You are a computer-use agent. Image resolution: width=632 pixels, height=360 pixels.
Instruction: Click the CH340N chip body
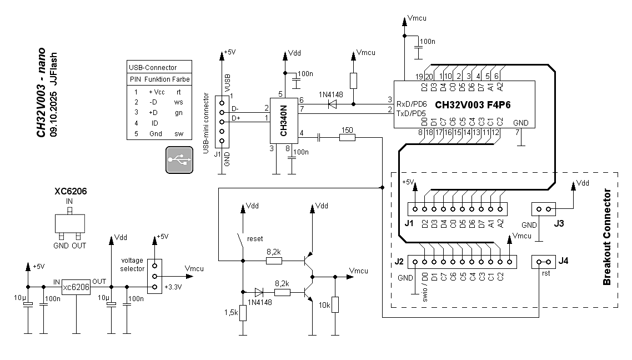284,121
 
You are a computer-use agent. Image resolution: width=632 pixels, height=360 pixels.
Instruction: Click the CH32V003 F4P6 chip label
473,105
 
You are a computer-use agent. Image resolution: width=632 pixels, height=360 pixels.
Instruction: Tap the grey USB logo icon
179,160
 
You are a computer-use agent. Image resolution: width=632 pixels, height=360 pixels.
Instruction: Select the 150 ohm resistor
347,137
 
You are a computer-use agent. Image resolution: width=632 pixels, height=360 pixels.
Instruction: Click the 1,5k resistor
243,313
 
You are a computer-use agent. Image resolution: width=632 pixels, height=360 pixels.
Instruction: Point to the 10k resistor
335,305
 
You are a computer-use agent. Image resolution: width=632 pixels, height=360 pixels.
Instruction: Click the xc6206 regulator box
76,287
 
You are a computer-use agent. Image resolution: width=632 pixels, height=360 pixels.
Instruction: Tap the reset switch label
255,239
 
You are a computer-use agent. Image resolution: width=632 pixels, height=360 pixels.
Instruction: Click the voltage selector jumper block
154,276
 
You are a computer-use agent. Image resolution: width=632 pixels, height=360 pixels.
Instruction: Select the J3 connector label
559,223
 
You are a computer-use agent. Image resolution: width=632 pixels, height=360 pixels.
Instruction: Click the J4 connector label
563,261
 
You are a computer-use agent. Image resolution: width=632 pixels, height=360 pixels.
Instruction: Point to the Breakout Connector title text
606,237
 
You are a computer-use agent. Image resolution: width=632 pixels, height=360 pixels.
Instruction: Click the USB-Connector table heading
153,68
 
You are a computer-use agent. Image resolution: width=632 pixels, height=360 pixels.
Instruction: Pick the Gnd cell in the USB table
156,134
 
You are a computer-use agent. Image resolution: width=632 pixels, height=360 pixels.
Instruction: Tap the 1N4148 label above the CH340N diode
330,95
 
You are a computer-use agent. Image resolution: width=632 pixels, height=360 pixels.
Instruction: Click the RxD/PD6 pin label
412,104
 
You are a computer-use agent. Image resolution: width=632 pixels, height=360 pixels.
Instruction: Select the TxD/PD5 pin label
412,114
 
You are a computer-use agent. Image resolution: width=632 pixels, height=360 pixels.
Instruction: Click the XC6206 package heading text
71,191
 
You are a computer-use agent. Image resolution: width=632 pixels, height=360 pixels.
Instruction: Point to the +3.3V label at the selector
173,287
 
